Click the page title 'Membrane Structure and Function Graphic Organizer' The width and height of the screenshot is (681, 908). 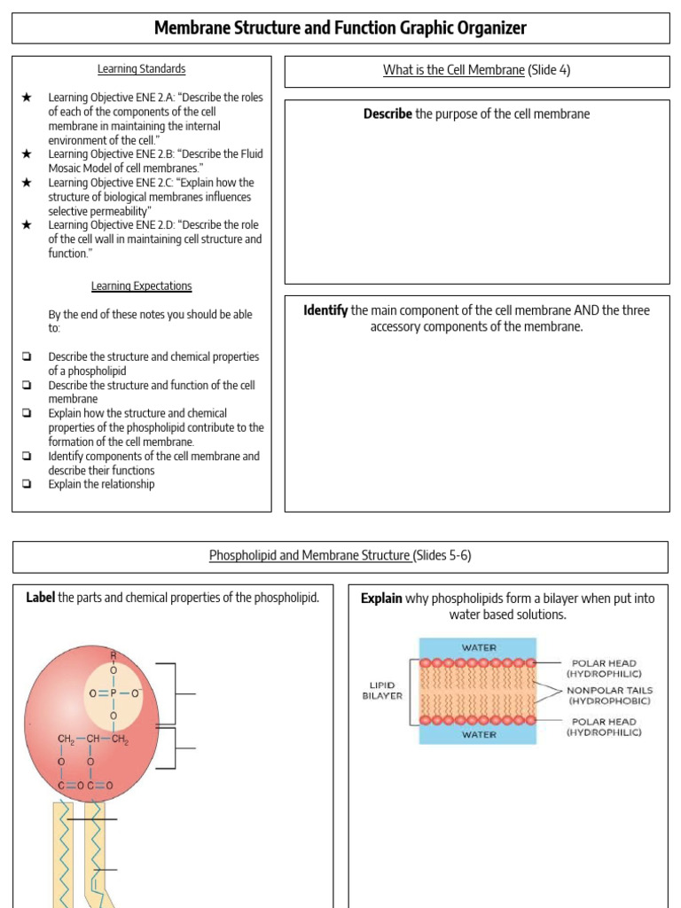(x=340, y=28)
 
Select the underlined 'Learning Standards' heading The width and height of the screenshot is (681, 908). (x=141, y=69)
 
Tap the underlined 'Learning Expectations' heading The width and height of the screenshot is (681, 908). (x=141, y=286)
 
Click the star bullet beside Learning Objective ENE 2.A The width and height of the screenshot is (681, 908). (x=27, y=98)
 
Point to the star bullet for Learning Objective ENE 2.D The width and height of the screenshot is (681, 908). (x=27, y=225)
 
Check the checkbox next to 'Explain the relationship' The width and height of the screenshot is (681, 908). (x=27, y=485)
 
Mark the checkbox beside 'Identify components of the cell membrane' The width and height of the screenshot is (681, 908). (x=27, y=457)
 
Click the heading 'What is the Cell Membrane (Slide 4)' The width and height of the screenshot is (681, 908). (x=476, y=71)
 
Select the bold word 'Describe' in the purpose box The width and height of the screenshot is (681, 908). (x=387, y=114)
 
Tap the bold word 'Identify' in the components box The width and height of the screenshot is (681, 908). (x=325, y=311)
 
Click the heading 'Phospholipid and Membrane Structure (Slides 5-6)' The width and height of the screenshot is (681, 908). (x=340, y=557)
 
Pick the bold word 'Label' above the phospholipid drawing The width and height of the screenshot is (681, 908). (x=41, y=598)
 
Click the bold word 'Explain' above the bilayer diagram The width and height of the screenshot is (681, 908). (x=381, y=599)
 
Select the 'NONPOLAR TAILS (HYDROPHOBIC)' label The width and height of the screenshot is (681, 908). (x=609, y=695)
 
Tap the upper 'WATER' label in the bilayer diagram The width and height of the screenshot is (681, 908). (x=479, y=648)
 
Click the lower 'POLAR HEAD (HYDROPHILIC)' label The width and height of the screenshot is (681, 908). (x=605, y=727)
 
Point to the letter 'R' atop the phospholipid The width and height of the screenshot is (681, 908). (x=113, y=655)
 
